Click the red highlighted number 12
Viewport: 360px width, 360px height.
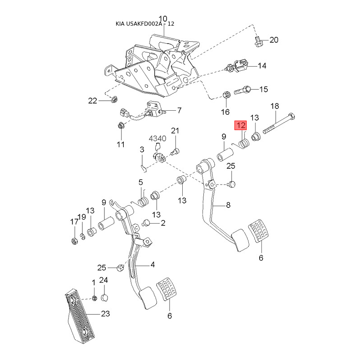coord(241,126)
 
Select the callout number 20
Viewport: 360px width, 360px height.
coord(274,40)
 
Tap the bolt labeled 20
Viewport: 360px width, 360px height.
coord(258,41)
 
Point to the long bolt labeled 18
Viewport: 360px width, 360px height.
coord(279,122)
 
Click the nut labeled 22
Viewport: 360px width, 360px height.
coord(114,99)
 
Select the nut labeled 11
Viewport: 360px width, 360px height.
coord(121,126)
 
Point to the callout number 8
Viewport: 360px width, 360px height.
coord(228,205)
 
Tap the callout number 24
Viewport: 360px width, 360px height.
coord(103,280)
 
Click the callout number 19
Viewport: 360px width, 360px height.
coord(82,217)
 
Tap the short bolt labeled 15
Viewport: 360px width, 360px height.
coord(240,89)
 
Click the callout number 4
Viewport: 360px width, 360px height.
coord(153,265)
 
